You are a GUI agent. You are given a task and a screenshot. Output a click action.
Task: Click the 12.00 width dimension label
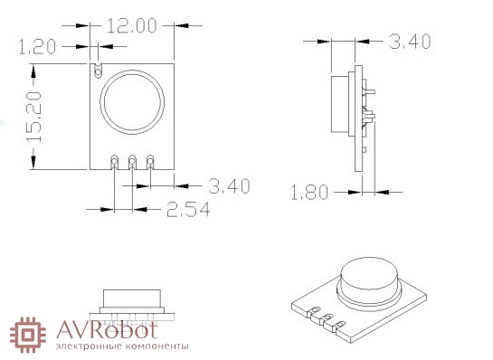[132, 26]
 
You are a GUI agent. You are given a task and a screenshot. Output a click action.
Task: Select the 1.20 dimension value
[37, 47]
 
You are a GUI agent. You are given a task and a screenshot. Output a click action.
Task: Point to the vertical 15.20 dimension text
[34, 117]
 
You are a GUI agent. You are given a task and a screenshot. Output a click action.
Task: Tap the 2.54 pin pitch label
[188, 210]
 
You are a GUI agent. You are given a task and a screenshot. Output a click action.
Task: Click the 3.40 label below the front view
[229, 185]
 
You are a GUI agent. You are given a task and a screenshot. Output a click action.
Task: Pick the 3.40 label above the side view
[410, 42]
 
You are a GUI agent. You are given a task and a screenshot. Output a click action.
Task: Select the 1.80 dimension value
[309, 193]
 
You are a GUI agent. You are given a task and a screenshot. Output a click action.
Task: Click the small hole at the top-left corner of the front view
[99, 72]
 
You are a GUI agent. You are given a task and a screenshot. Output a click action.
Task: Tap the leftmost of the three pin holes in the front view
[114, 161]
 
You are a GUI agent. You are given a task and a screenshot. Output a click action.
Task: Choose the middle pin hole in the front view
[132, 161]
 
